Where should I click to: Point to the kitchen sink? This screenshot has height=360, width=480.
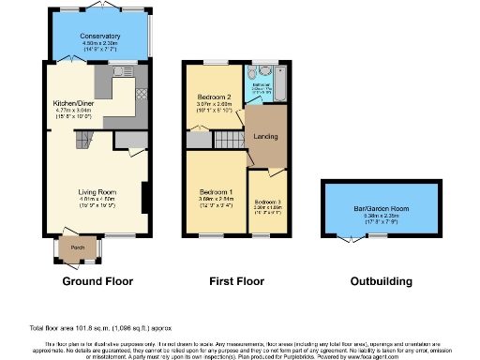(121, 70)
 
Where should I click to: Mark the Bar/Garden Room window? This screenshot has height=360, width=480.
(379, 235)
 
